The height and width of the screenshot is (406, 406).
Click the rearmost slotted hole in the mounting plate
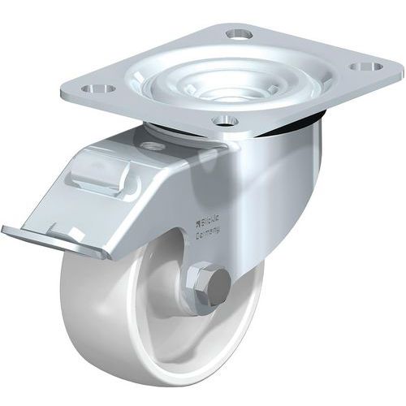tap(239, 34)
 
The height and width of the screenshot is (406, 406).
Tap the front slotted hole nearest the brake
tap(225, 121)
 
